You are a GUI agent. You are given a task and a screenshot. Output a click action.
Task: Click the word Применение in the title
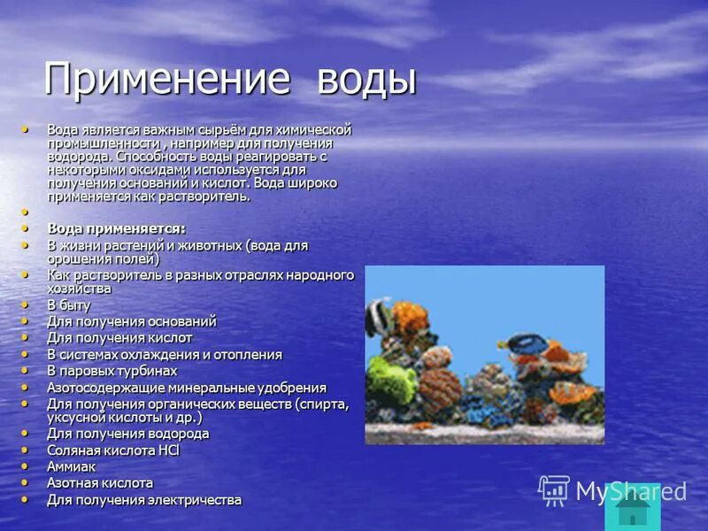coord(167,80)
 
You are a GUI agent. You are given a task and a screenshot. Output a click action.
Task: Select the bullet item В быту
coord(69,304)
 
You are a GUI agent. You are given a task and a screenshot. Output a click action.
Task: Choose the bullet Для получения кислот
coord(119,338)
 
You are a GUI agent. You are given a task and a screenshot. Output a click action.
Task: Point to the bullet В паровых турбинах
coord(112,371)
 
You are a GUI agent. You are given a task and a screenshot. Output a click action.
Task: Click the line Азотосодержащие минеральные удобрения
coord(186,388)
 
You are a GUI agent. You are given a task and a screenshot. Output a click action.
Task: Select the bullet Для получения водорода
coord(127,434)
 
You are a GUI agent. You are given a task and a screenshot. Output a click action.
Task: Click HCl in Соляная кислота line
coord(168,450)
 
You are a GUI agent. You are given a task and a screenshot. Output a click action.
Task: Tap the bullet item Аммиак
coord(71,466)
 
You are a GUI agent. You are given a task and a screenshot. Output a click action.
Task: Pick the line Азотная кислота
coord(99,483)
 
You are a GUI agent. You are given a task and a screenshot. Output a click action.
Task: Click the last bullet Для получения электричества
coord(143,500)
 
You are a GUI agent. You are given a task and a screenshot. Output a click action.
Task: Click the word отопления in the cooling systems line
coord(248,354)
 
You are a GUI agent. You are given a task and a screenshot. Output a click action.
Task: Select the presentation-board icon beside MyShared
coord(554,489)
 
